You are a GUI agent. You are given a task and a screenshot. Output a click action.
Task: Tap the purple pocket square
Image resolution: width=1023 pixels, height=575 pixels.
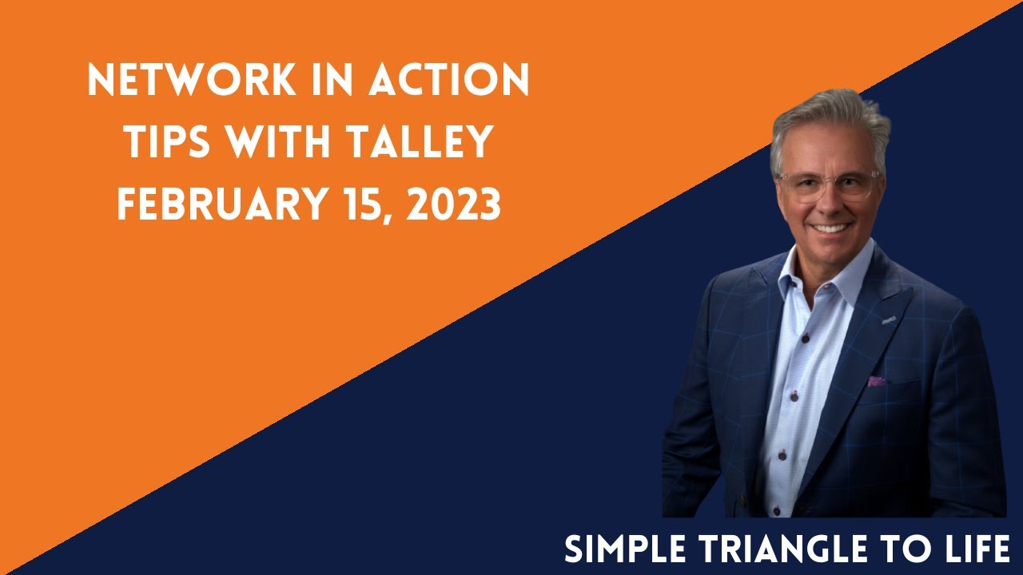(877, 381)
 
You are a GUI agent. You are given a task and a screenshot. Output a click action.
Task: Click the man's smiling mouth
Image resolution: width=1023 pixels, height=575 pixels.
(831, 228)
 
